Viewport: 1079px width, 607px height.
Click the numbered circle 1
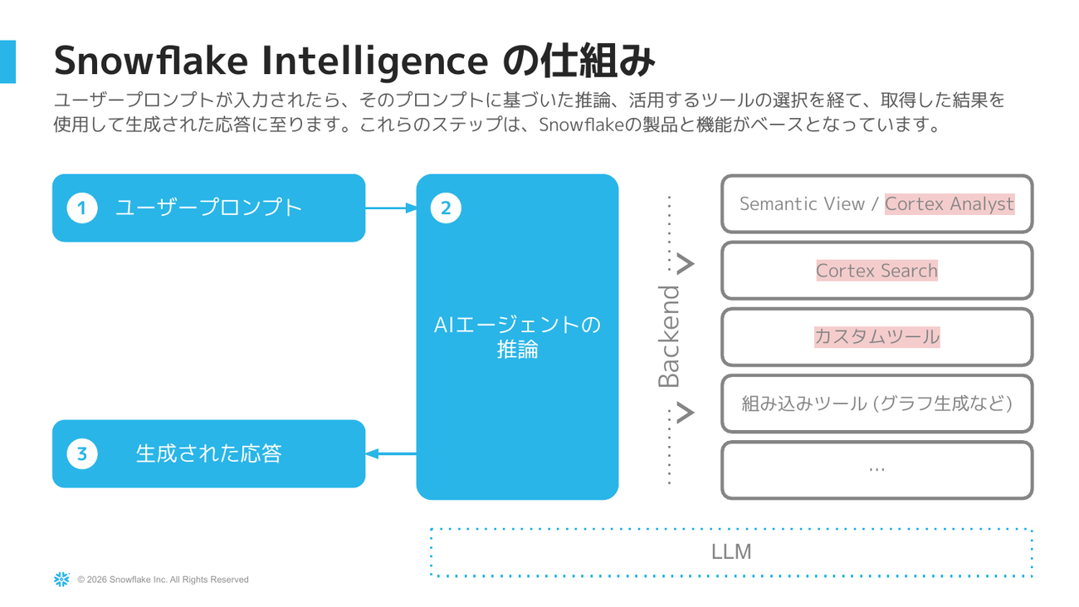pyautogui.click(x=81, y=208)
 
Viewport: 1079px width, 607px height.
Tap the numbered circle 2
pyautogui.click(x=446, y=208)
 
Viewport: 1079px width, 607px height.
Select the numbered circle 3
pyautogui.click(x=81, y=453)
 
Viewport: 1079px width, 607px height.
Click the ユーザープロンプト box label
pyautogui.click(x=208, y=208)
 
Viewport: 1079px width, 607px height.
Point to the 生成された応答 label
pyautogui.click(x=208, y=453)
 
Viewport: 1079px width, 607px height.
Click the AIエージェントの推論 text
pyautogui.click(x=517, y=336)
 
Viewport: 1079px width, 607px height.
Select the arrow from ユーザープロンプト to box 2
pyautogui.click(x=390, y=208)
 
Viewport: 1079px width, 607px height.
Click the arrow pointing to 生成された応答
pyautogui.click(x=390, y=453)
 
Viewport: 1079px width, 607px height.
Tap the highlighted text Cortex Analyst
pyautogui.click(x=950, y=203)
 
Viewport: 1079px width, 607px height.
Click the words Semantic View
pyautogui.click(x=802, y=203)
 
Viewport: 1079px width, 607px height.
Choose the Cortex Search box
pyautogui.click(x=876, y=271)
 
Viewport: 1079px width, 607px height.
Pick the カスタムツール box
pyautogui.click(x=876, y=337)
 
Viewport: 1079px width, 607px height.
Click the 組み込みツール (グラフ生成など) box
pyautogui.click(x=876, y=404)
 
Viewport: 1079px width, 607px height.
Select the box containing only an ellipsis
pyautogui.click(x=876, y=470)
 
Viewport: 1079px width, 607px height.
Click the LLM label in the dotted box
pyautogui.click(x=731, y=551)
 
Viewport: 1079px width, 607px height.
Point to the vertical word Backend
pyautogui.click(x=669, y=336)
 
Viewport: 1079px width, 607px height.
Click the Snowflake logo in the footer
pyautogui.click(x=61, y=580)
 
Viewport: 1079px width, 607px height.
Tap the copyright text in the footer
pyautogui.click(x=163, y=580)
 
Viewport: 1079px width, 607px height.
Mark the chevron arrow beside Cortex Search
pyautogui.click(x=685, y=265)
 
